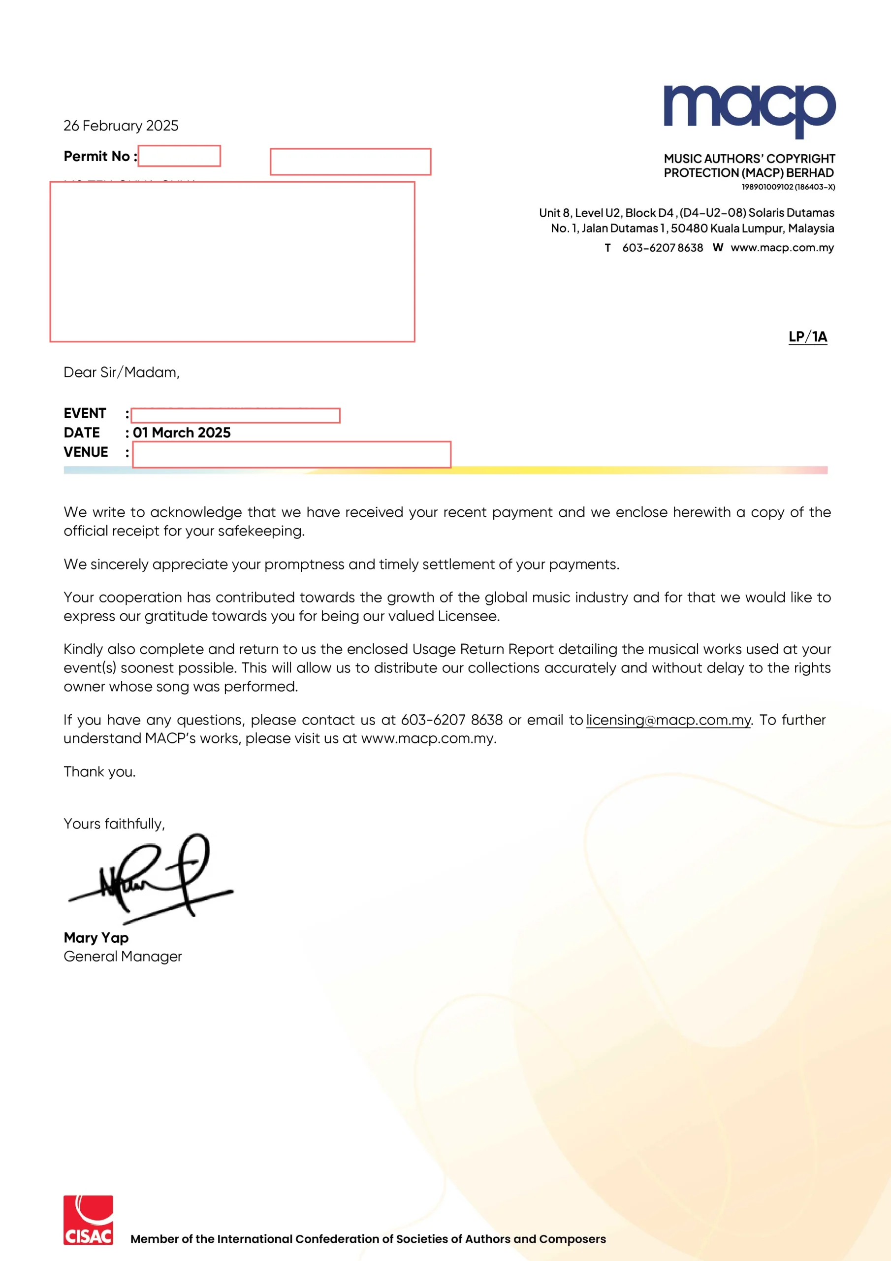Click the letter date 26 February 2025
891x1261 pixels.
point(121,126)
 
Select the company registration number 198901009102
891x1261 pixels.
point(767,187)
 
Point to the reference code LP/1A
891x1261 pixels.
point(807,336)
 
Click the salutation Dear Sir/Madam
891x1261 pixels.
point(121,372)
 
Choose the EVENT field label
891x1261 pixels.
point(85,413)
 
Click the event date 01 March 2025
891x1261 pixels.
point(182,433)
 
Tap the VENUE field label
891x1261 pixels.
point(86,452)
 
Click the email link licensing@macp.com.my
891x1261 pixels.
point(668,720)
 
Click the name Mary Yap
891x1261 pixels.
point(96,937)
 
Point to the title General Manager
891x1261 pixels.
point(123,956)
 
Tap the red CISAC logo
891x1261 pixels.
point(88,1220)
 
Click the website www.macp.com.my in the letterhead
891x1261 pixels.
point(782,248)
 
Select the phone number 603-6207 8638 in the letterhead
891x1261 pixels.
point(662,248)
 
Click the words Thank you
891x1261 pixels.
point(99,772)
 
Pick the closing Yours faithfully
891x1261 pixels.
point(114,824)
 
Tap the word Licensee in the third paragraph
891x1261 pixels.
point(468,616)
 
